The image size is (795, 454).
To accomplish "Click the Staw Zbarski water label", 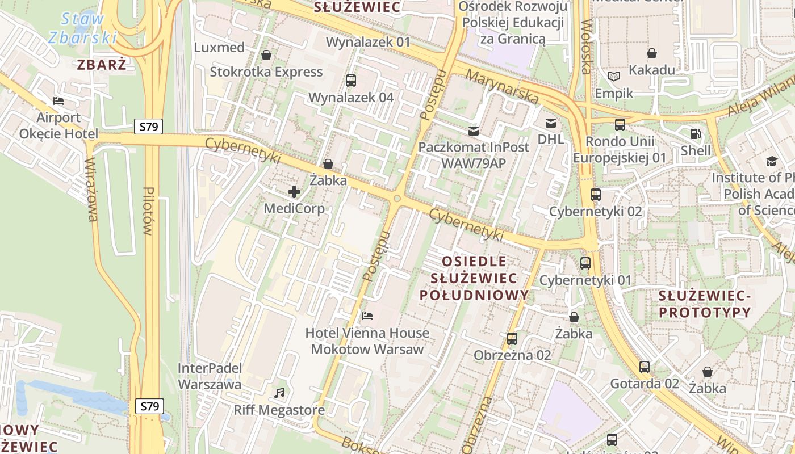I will (83, 28).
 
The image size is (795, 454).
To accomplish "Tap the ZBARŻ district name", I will (102, 64).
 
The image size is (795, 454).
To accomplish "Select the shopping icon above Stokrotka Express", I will (266, 55).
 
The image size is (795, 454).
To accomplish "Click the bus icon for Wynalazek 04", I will (351, 81).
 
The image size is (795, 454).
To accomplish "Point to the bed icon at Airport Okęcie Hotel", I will (58, 101).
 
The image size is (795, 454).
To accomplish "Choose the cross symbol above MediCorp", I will (294, 192).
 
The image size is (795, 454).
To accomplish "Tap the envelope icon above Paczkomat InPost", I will (473, 131).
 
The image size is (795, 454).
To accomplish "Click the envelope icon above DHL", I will (550, 123).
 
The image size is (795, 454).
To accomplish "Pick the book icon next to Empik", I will (613, 76).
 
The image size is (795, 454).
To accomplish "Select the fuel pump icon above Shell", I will (696, 134).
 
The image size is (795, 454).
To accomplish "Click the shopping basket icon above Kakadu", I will (652, 53).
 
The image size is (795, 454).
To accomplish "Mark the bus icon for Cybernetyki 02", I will (595, 195).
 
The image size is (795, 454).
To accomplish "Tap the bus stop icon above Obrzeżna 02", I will (512, 339).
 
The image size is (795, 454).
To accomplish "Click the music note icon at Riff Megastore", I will (279, 393).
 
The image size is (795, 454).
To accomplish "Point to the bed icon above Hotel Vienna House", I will (367, 316).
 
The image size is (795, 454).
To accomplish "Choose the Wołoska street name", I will (587, 48).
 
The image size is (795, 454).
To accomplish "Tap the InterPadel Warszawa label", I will (210, 376).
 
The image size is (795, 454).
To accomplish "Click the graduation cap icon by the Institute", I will (771, 161).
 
